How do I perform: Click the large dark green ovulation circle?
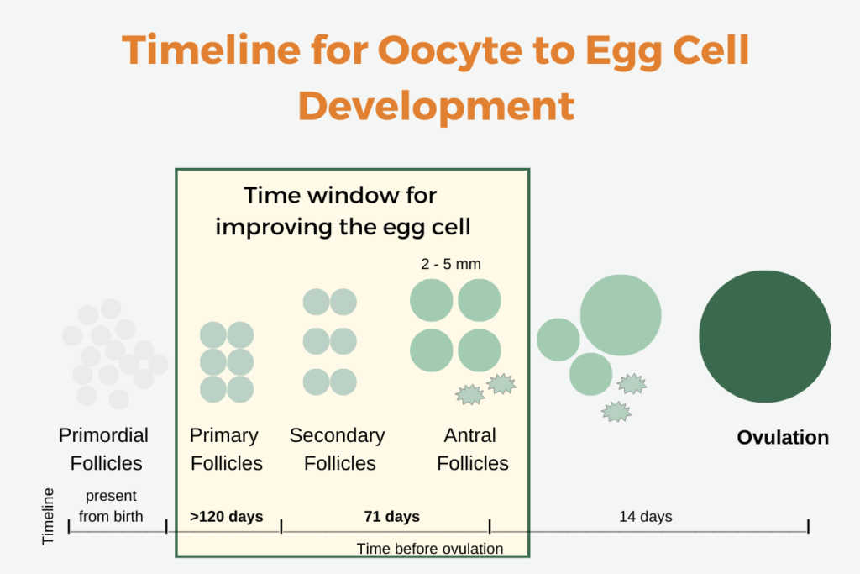pos(765,336)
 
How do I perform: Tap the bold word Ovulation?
pos(783,438)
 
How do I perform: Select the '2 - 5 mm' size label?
pos(450,264)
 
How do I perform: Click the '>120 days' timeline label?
pos(227,516)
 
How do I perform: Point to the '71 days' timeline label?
pos(391,516)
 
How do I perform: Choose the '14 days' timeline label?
pos(645,516)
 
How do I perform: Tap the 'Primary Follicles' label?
pos(226,449)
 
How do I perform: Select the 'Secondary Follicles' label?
pos(338,449)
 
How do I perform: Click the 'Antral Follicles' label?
pos(472,449)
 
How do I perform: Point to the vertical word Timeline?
pos(49,516)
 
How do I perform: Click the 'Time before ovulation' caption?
pos(429,549)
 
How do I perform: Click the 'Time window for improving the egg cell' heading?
pos(340,211)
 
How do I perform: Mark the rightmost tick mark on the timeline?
pos(808,526)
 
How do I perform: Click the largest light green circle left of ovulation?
pos(620,314)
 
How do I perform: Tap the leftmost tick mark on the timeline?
pos(69,526)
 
